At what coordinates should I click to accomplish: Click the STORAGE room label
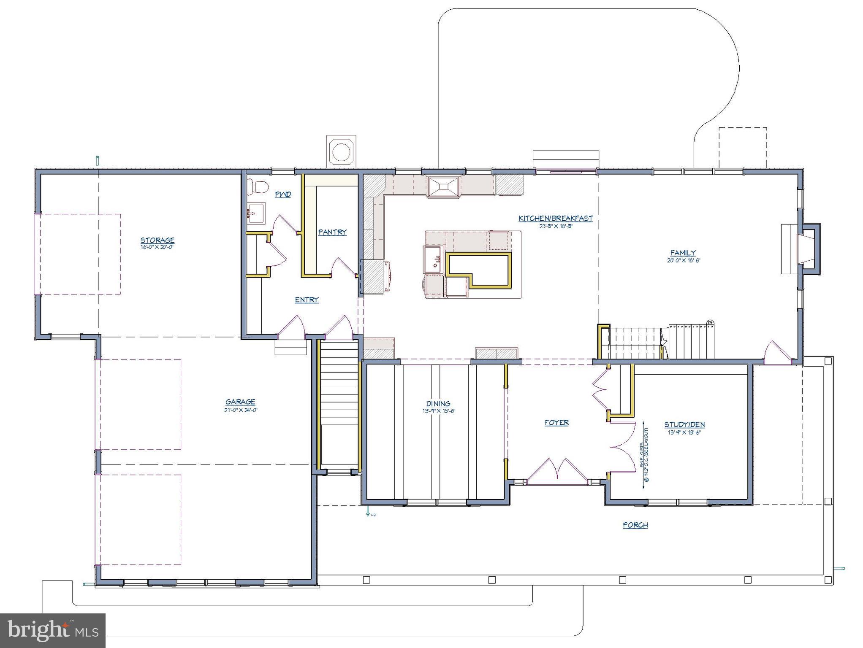[x=157, y=240]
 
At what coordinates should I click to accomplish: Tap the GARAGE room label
[x=240, y=402]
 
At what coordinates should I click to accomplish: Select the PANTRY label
[x=332, y=232]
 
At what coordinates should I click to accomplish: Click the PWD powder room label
[x=283, y=194]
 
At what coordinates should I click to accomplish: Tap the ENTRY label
[x=307, y=300]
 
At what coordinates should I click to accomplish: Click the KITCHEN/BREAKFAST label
[x=556, y=218]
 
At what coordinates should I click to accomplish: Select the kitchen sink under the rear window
[x=443, y=187]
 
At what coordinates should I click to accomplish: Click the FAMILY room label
[x=683, y=253]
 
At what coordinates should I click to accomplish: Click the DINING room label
[x=438, y=403]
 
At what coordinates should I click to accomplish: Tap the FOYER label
[x=556, y=422]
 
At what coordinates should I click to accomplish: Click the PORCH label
[x=635, y=525]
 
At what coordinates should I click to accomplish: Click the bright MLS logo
[x=53, y=630]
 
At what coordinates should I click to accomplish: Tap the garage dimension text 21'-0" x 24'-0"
[x=241, y=410]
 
